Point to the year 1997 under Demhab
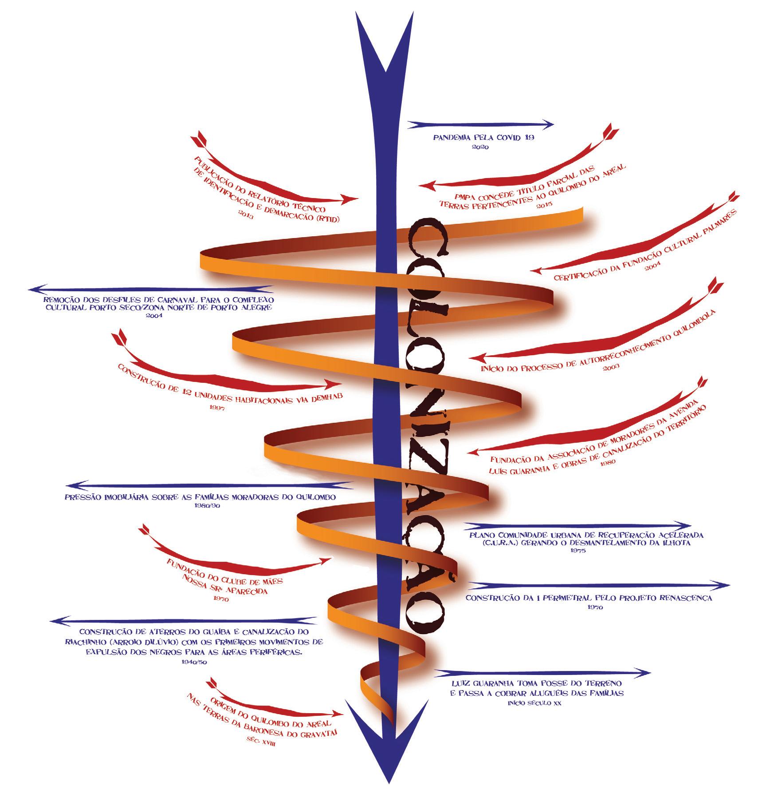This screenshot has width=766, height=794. tap(217, 407)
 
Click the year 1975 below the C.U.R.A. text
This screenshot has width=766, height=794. tap(578, 551)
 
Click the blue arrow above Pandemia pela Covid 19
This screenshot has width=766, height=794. tap(480, 124)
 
